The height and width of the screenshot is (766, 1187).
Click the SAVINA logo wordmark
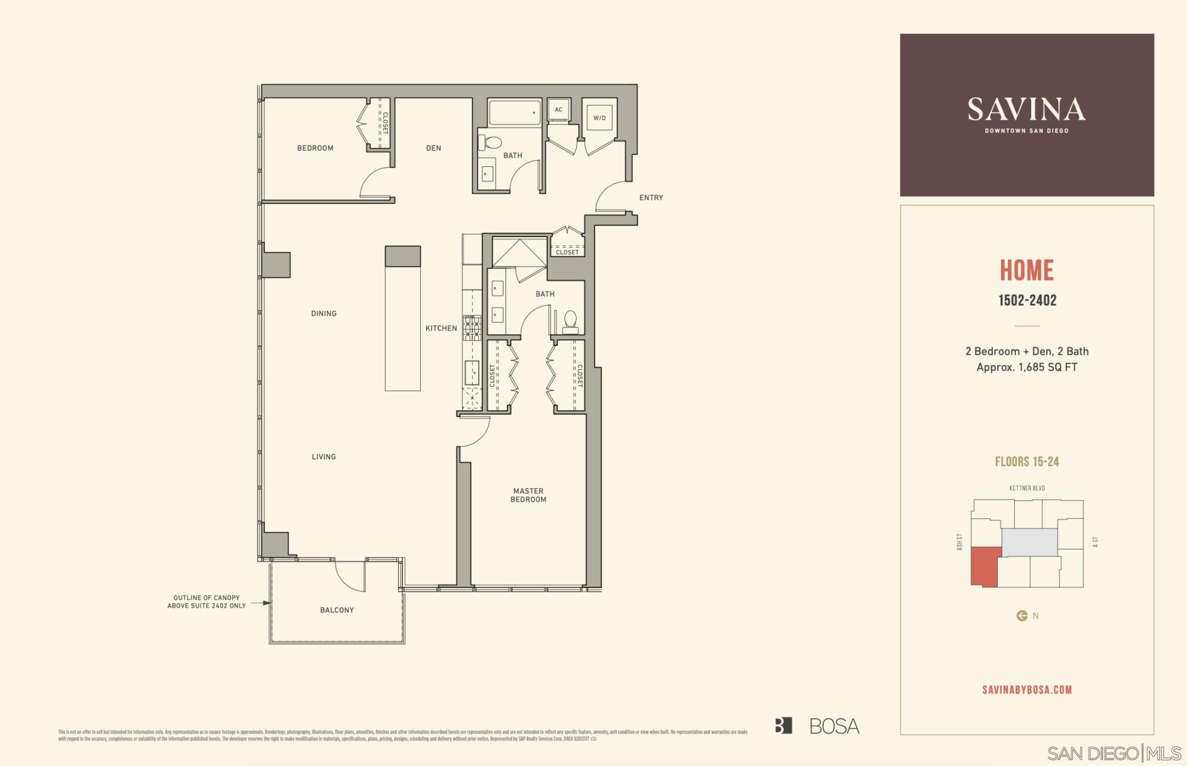click(x=1026, y=110)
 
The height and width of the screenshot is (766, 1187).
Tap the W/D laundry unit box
click(x=599, y=118)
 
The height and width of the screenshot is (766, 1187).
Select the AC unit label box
click(x=559, y=110)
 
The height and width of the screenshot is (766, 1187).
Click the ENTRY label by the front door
click(x=651, y=198)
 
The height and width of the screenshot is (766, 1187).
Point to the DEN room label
click(x=434, y=148)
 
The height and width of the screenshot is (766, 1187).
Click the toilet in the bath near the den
click(x=493, y=142)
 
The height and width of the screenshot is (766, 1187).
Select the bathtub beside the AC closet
click(x=515, y=113)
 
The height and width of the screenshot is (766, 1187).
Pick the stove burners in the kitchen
click(x=472, y=328)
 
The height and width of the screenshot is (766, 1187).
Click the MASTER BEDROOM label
click(x=528, y=495)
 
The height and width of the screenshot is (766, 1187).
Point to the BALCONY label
click(x=337, y=610)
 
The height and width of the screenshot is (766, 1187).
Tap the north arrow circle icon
click(x=1022, y=616)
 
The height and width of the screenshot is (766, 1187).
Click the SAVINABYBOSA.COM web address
click(x=1027, y=690)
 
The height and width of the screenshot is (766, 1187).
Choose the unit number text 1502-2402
click(x=1027, y=300)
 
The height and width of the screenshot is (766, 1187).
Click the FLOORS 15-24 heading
click(x=1027, y=462)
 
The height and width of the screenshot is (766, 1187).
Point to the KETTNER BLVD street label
click(x=1027, y=488)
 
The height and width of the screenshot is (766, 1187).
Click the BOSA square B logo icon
click(x=783, y=726)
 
